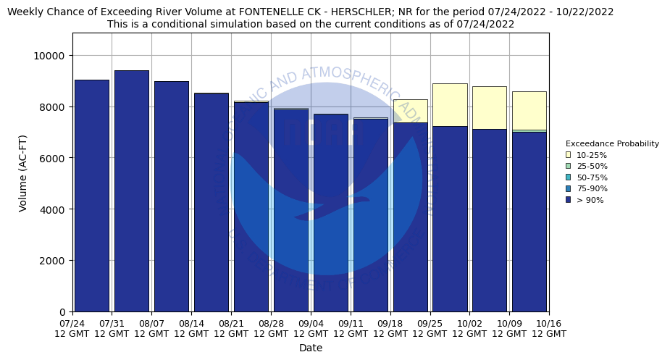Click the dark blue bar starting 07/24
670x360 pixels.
[x=92, y=196]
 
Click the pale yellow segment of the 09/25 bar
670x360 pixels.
[x=450, y=104]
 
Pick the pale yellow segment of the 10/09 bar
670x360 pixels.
[x=529, y=110]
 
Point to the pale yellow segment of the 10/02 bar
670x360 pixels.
[x=490, y=107]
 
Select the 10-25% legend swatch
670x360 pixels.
[x=569, y=155]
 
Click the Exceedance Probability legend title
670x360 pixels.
[x=612, y=143]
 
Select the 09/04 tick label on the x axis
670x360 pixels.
[x=311, y=328]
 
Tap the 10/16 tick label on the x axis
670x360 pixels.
[x=549, y=328]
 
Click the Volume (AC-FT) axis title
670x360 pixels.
[x=23, y=172]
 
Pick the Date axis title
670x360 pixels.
[x=311, y=348]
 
